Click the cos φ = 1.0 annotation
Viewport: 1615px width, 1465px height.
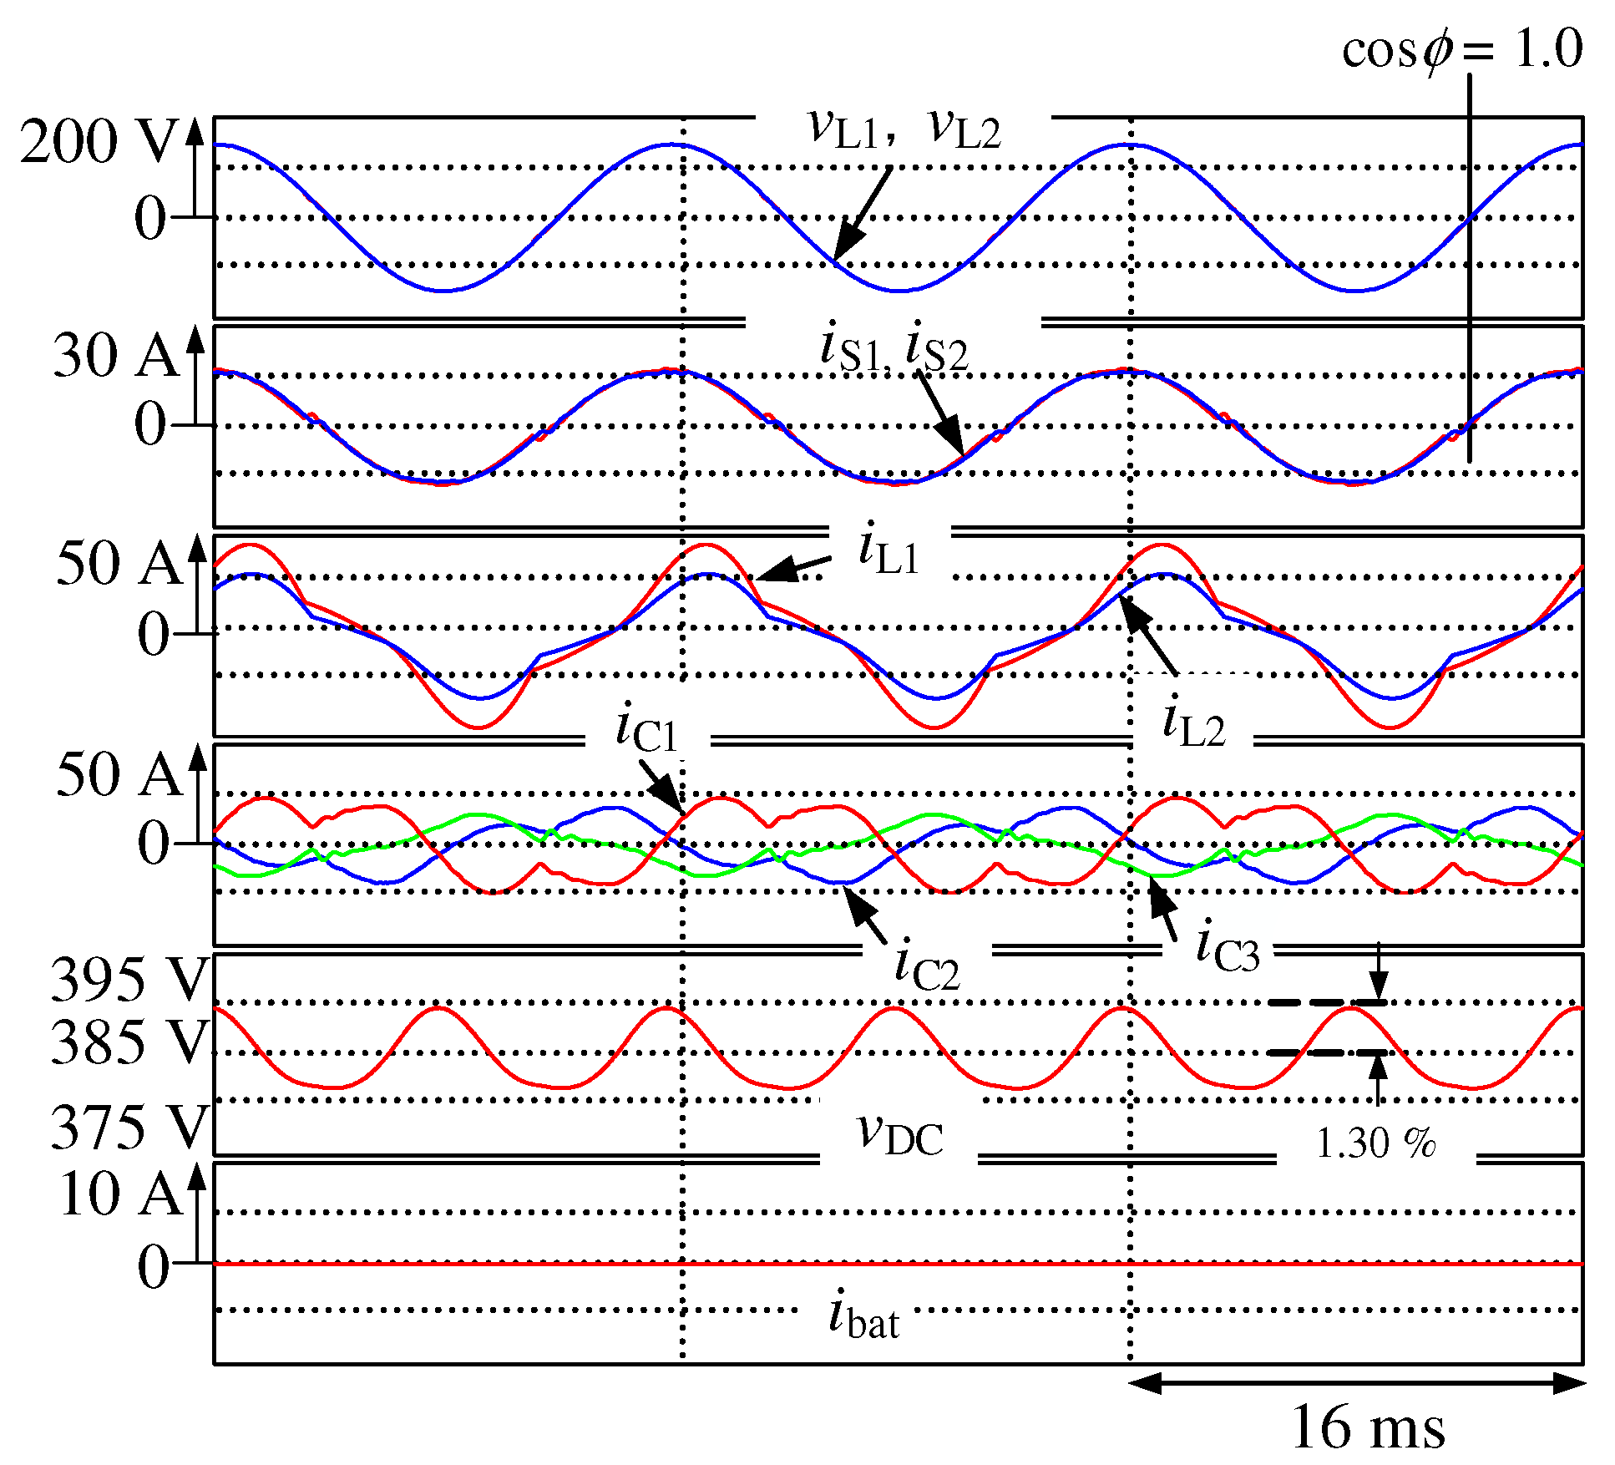1461,48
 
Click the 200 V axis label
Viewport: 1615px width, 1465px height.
99,141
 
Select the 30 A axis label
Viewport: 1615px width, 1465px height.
115,355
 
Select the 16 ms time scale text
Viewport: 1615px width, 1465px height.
1367,1427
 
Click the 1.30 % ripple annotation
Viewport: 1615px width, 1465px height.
1375,1143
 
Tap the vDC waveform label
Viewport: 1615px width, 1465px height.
900,1134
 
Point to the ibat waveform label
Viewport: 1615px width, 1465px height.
863,1315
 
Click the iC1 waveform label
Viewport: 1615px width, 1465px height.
646,728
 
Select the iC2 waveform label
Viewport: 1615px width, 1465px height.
927,966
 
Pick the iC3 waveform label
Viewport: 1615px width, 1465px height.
1227,948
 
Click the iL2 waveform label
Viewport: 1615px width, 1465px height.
1193,723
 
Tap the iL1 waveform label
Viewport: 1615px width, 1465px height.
889,550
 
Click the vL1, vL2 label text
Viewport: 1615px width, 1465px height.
904,129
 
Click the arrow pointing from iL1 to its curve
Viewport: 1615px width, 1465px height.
794,568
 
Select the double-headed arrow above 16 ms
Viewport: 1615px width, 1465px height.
1357,1382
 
